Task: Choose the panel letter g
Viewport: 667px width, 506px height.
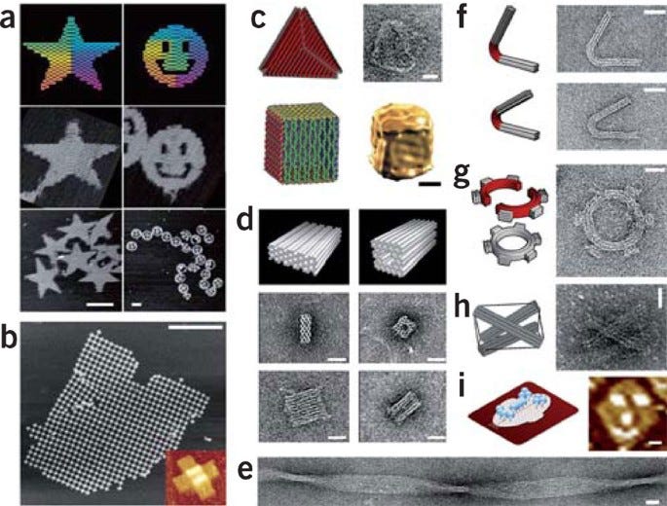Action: tap(462, 175)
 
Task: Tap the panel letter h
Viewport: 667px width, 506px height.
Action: tap(463, 306)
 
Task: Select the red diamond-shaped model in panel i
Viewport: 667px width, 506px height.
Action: tap(523, 412)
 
